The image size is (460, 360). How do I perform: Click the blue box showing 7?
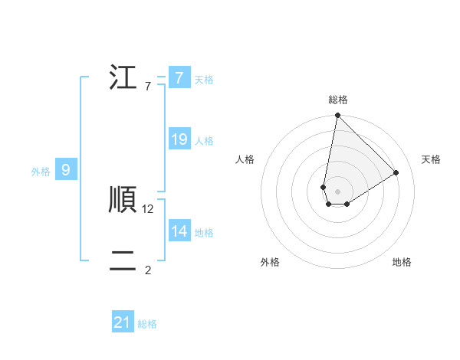(179, 77)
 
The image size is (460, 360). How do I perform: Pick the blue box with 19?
(179, 139)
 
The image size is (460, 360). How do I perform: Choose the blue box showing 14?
(179, 231)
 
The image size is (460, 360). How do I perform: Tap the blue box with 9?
(66, 170)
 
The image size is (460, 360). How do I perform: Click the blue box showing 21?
(123, 322)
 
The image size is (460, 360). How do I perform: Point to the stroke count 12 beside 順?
(148, 208)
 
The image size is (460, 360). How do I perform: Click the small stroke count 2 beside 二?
(148, 270)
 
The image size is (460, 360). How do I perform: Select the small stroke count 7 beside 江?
(147, 87)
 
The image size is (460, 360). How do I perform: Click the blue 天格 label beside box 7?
(204, 79)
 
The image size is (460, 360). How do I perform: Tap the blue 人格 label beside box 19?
(204, 141)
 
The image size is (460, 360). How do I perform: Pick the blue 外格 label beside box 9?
(41, 172)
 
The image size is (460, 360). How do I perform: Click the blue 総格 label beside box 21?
(147, 324)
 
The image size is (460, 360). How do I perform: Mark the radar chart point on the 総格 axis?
(337, 116)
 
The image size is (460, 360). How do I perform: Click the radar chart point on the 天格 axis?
(396, 172)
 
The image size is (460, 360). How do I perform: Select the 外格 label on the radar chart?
(270, 262)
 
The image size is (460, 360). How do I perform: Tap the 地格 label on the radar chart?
(402, 262)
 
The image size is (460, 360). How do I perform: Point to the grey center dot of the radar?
(337, 191)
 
